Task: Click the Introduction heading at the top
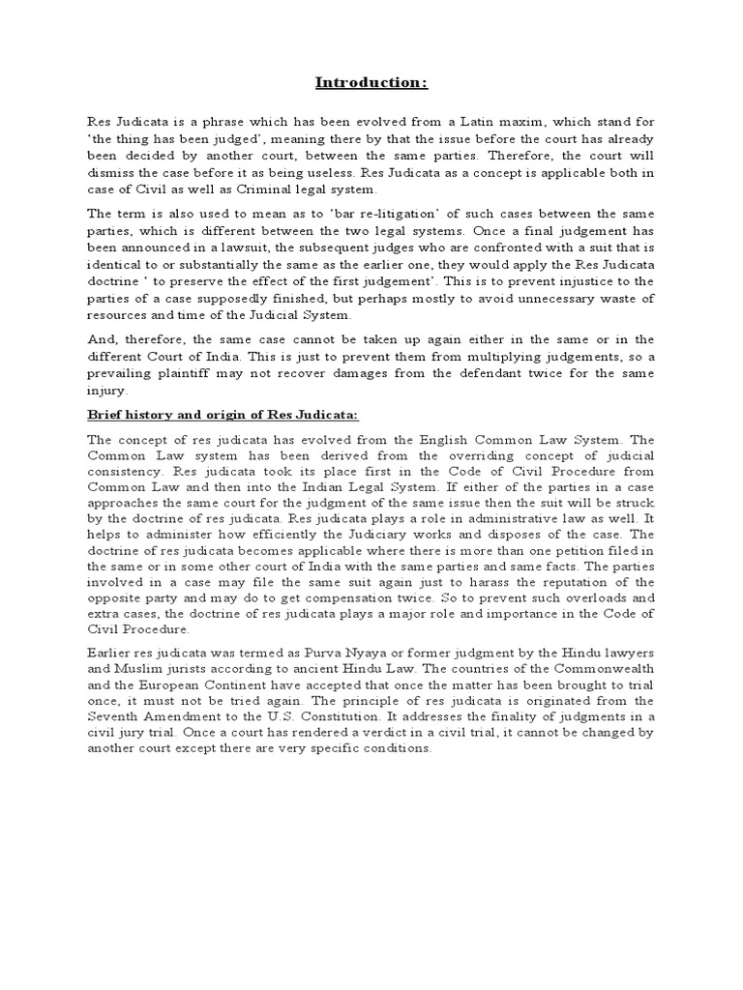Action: pyautogui.click(x=371, y=82)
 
